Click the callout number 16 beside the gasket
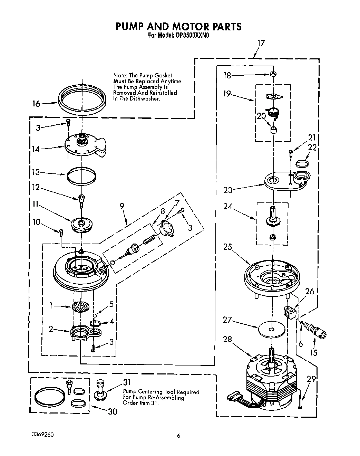pyautogui.click(x=36, y=103)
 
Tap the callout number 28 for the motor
pyautogui.click(x=227, y=340)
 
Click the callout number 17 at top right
pyautogui.click(x=261, y=43)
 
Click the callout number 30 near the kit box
pyautogui.click(x=112, y=411)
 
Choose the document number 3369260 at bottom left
pyautogui.click(x=41, y=434)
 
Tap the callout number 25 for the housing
pyautogui.click(x=227, y=247)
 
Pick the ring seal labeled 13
pyautogui.click(x=81, y=175)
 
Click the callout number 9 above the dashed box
pyautogui.click(x=122, y=206)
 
